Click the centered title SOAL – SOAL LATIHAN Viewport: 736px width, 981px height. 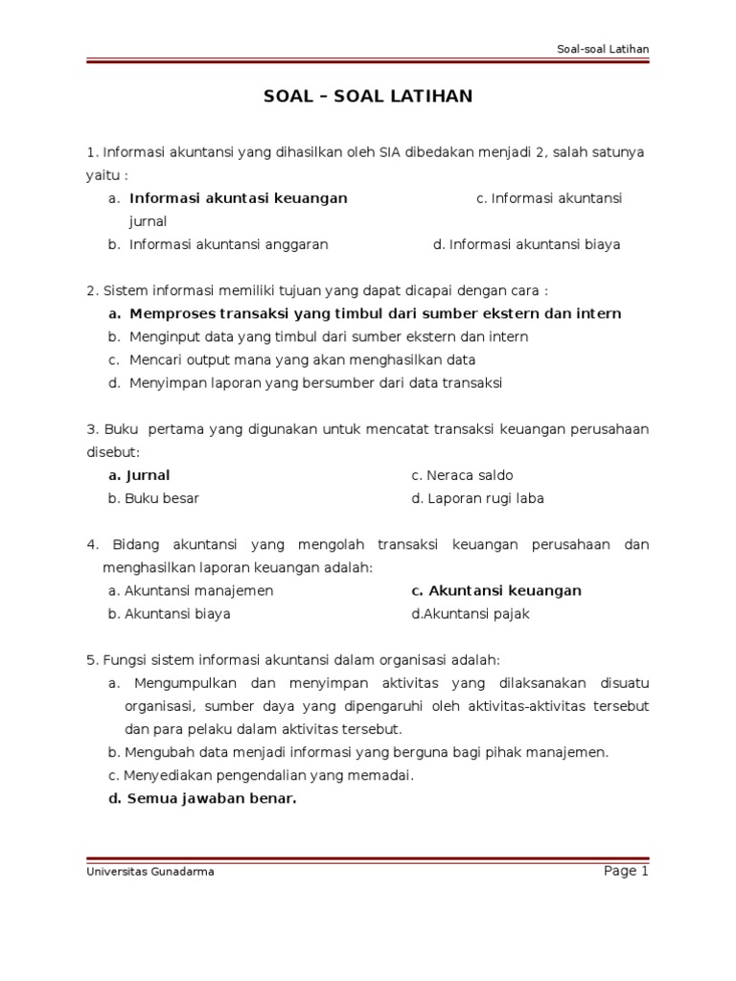pyautogui.click(x=368, y=97)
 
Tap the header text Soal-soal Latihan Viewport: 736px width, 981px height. pyautogui.click(x=603, y=50)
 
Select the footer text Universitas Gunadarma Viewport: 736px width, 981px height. pyautogui.click(x=149, y=873)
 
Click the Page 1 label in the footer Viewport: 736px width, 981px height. pyautogui.click(x=626, y=871)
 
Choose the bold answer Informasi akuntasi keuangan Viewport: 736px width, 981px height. pyautogui.click(x=238, y=198)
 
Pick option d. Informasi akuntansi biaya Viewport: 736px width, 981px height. pyautogui.click(x=526, y=244)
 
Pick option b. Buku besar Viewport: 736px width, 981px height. pyautogui.click(x=153, y=498)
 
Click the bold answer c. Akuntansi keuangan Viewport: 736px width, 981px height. pyautogui.click(x=495, y=591)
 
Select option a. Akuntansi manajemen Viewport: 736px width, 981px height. pyautogui.click(x=191, y=591)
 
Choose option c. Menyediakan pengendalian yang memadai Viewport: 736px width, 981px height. pyautogui.click(x=261, y=775)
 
